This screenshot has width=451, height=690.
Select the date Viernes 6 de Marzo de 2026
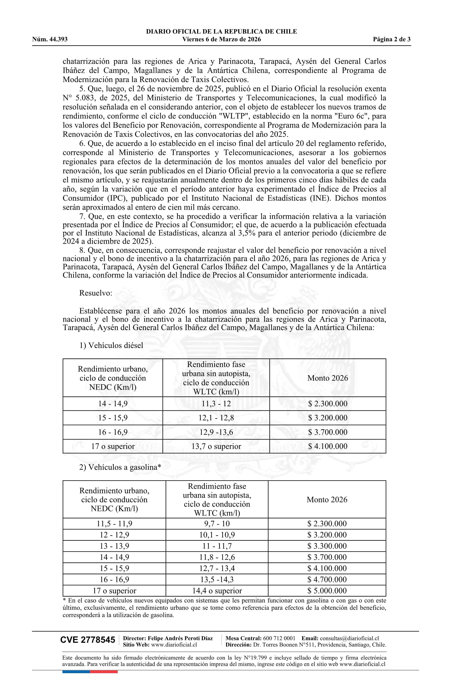click(x=221, y=39)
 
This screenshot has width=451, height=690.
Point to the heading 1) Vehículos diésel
click(x=111, y=345)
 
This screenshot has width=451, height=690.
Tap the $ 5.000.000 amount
click(x=327, y=591)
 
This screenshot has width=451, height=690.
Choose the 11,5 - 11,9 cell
click(x=114, y=524)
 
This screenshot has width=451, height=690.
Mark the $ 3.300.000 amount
click(x=327, y=546)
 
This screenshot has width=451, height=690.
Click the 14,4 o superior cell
click(x=217, y=591)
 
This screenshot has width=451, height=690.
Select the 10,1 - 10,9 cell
click(x=217, y=535)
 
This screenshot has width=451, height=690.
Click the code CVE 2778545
click(x=88, y=640)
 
